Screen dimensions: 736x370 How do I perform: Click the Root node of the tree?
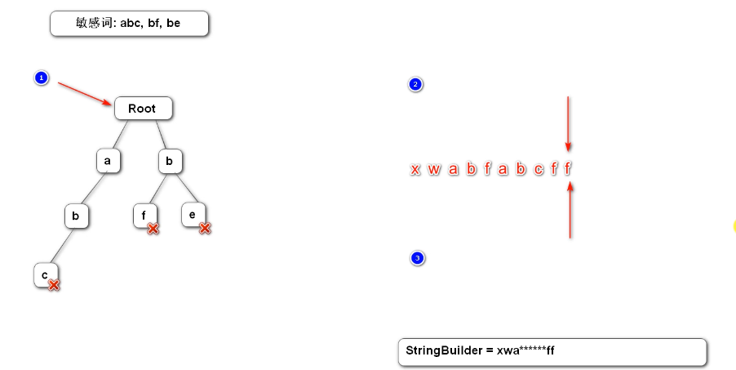(143, 108)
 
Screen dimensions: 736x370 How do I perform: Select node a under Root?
(108, 161)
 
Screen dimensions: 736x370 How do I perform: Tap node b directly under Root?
(169, 161)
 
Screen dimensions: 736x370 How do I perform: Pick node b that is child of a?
(76, 216)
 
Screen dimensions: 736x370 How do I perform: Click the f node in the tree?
(144, 215)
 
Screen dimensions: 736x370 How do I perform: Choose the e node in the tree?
(192, 214)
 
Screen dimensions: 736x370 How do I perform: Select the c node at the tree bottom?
(44, 274)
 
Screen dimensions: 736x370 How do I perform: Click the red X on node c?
(54, 284)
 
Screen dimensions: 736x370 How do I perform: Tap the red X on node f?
(153, 228)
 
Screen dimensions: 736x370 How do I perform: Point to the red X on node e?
(205, 228)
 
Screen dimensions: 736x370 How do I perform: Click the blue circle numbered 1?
(42, 78)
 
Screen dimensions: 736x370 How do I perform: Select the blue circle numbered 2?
(415, 84)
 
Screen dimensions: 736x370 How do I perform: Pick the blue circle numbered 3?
(418, 258)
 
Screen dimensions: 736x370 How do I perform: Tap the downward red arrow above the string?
(568, 123)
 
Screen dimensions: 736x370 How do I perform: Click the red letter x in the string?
(415, 169)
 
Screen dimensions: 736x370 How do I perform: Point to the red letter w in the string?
(434, 169)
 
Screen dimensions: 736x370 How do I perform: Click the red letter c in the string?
(538, 169)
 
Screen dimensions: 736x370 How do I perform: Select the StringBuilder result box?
(552, 351)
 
